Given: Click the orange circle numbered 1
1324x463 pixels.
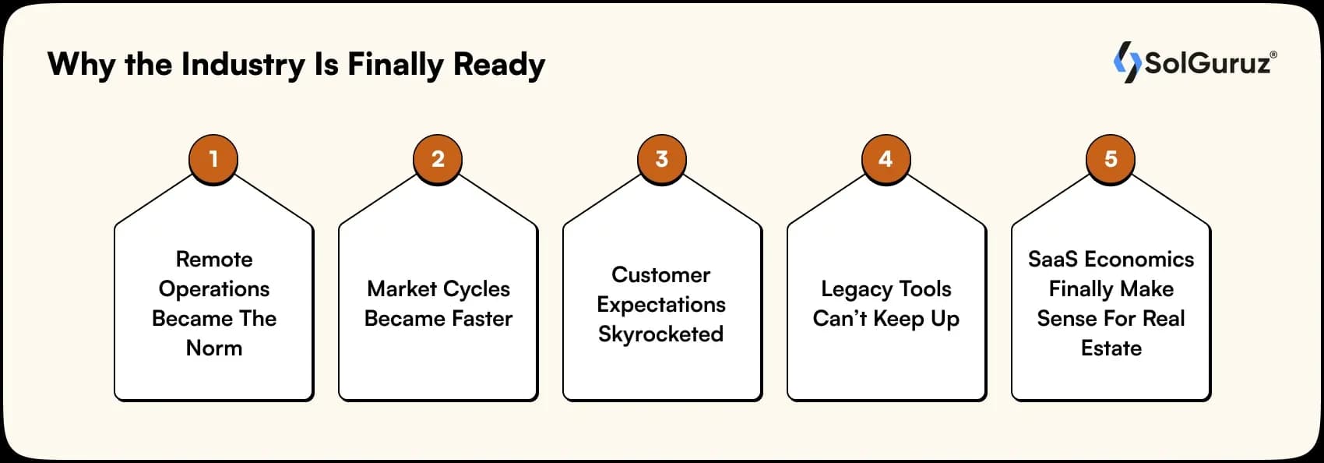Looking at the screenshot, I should coord(213,160).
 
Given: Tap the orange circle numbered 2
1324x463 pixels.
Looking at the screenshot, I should coord(438,160).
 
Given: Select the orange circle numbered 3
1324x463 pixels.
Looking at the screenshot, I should coord(662,160).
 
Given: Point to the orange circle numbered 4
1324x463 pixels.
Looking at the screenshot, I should coord(886,160).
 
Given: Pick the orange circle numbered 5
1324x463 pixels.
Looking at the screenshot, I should coord(1111,160).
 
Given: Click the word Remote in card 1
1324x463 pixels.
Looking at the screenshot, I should coord(214,259).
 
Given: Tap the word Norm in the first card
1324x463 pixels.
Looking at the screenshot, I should coord(214,348).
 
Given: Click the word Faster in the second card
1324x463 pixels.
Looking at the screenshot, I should coord(476,318).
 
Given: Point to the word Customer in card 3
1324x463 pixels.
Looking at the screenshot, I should coord(661,274).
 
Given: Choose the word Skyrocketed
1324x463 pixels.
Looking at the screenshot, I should coord(661,334).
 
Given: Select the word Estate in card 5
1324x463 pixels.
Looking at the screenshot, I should coord(1111,348).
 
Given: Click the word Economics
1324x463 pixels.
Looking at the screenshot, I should coord(1139,259).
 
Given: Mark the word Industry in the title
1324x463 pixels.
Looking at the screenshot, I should coord(244,65).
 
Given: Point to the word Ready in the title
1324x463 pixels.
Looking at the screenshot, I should coord(499,65).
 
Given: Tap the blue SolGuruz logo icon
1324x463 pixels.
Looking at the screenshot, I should coord(1127,62).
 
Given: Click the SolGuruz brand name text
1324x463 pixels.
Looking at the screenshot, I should coord(1208,62).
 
